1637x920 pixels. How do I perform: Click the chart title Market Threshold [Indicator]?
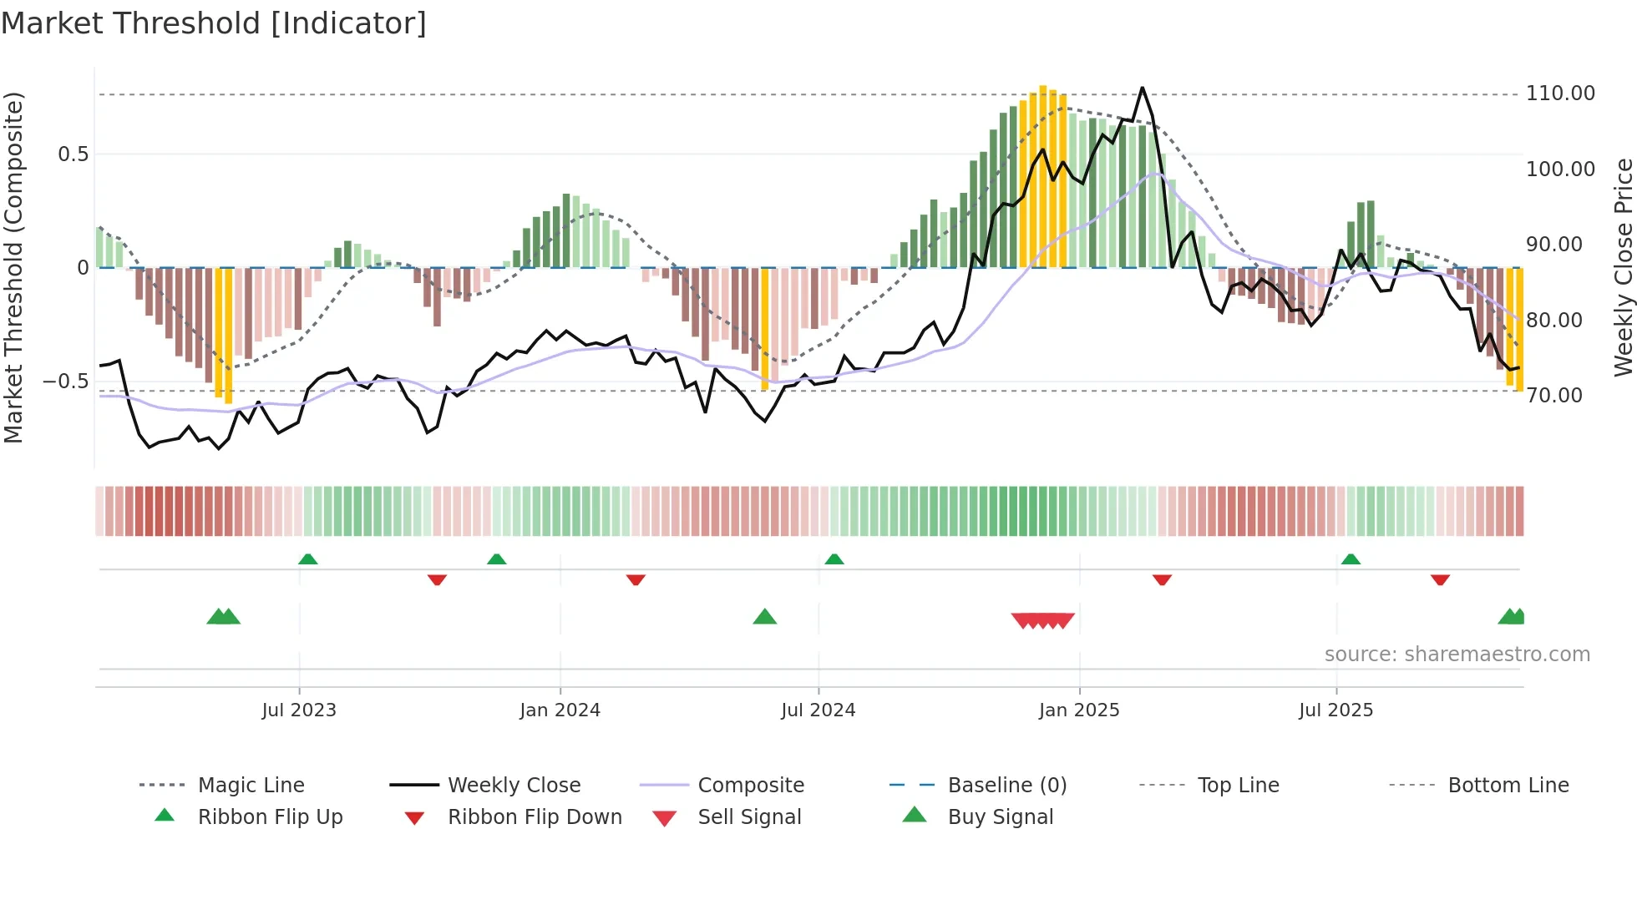214,23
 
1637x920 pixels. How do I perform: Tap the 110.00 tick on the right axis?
1560,94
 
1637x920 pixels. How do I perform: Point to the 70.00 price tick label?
1553,396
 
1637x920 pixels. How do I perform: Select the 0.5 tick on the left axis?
73,154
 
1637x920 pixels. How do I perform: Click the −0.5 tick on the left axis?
66,382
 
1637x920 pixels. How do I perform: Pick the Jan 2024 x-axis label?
560,710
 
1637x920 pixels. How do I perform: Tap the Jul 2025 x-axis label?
1335,710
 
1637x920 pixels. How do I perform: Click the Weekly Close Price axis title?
1623,267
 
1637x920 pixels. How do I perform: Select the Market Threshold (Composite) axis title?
13,267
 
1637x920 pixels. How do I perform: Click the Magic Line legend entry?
251,786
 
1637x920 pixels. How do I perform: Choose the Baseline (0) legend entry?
1006,786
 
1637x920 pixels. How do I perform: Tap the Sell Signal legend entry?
749,817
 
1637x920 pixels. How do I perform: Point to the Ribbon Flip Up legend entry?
270,817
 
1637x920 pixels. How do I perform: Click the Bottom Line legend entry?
1508,786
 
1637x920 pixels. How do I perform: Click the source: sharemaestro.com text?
1457,655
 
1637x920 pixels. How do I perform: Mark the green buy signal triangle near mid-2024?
765,617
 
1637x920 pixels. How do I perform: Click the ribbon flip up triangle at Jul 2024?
834,559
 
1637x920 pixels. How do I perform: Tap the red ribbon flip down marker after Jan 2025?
1162,579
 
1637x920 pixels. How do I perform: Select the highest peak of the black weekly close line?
1142,88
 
